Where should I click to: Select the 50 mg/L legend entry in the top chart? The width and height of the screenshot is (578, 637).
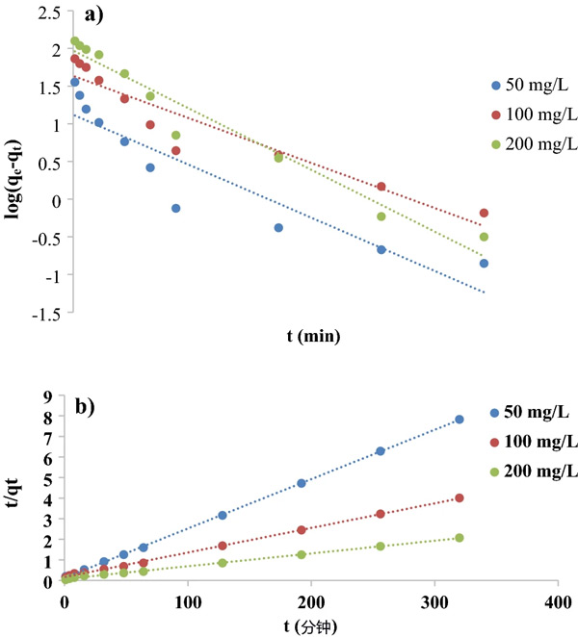click(x=524, y=83)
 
